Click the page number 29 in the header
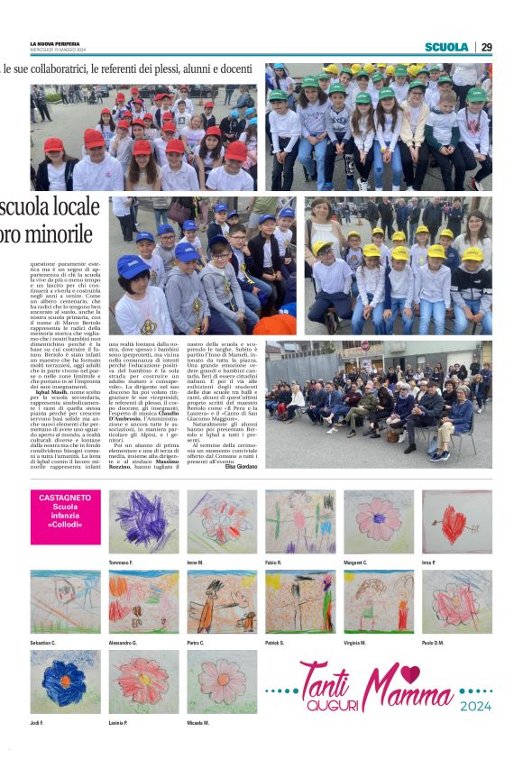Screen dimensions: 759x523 pos(487,47)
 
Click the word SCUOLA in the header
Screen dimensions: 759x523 pos(446,47)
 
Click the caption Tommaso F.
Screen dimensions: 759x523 pos(121,562)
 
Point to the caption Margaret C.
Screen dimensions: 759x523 pos(356,562)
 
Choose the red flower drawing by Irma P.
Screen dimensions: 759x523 pos(456,522)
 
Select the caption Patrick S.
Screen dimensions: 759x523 pos(276,643)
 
